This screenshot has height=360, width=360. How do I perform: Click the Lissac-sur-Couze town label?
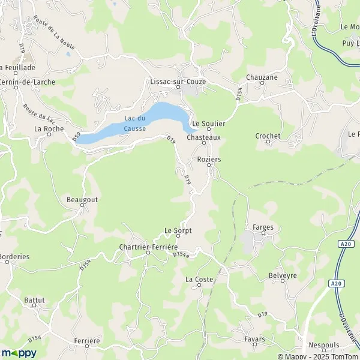tap(178, 80)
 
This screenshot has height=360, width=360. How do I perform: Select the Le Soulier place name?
tap(208, 123)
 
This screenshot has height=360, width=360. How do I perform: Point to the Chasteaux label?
tap(204, 137)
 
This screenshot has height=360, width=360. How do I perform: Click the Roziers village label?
tap(209, 159)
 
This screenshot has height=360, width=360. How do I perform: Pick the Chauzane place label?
tap(261, 77)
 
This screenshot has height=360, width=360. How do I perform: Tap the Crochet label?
tap(268, 136)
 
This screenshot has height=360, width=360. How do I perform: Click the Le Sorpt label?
tap(177, 230)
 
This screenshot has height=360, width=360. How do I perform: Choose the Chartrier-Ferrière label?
tap(148, 247)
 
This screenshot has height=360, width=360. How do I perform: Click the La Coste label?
tap(199, 279)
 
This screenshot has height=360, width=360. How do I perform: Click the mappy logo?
tap(19, 353)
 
